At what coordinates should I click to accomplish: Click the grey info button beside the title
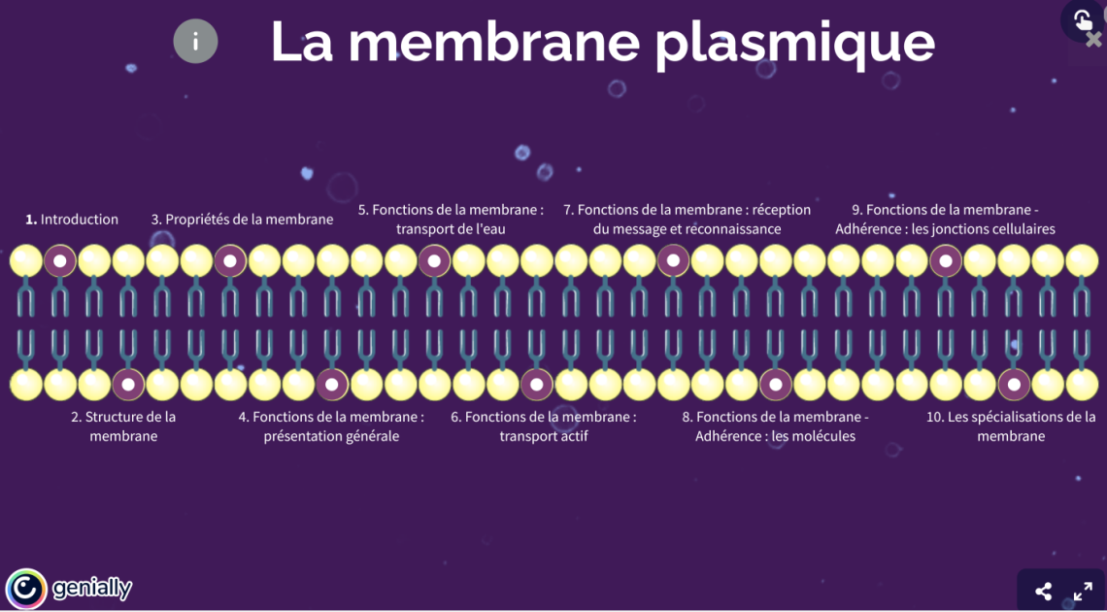(195, 42)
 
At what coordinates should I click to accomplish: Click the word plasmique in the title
(794, 42)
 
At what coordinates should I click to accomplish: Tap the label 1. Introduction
(72, 220)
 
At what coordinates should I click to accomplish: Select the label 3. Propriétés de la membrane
(242, 220)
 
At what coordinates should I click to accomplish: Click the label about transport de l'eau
(451, 220)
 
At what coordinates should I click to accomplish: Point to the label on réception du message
(687, 220)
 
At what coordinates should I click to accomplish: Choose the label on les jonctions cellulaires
(945, 220)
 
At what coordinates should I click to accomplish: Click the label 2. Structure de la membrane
(123, 426)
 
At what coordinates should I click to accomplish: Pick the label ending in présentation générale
(331, 426)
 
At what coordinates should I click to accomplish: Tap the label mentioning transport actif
(544, 426)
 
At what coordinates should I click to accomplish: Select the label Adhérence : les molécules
(775, 426)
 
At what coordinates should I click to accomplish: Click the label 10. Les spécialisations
(1011, 426)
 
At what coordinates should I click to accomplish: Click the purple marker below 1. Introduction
(60, 260)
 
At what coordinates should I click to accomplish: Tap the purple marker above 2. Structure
(128, 385)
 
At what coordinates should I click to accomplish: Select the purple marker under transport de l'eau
(434, 260)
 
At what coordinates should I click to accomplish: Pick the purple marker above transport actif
(536, 385)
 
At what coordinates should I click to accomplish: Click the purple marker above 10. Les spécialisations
(1014, 385)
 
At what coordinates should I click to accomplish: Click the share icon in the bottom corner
(1043, 591)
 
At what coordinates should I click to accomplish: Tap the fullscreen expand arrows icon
(1083, 591)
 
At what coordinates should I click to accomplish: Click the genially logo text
(91, 589)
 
